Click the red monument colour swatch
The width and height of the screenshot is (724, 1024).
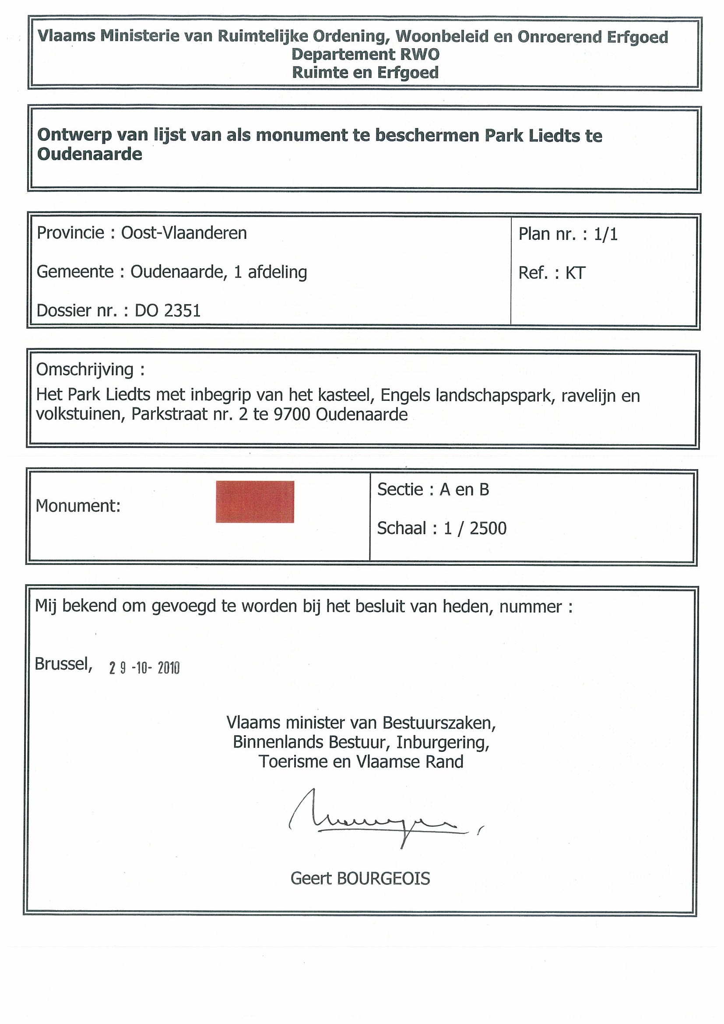255,501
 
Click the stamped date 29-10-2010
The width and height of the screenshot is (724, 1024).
144,668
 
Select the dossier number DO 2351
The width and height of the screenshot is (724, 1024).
168,310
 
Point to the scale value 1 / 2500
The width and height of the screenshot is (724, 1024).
475,528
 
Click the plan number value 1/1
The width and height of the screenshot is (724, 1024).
605,234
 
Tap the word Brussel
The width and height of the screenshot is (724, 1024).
63,664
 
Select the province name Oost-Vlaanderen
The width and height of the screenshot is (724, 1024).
184,233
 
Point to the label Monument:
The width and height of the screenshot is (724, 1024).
78,506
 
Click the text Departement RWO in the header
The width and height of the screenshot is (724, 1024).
365,54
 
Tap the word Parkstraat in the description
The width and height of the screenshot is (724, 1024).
168,414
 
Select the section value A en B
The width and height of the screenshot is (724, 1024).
464,490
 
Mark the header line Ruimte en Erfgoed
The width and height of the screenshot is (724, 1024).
365,72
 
